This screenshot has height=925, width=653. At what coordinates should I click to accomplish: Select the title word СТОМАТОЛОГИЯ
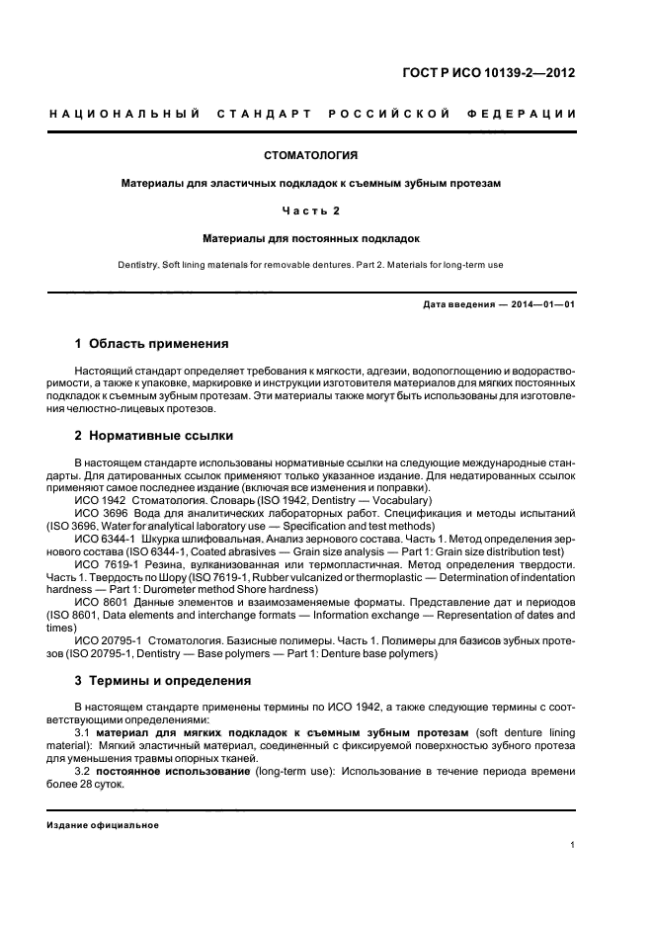tap(311, 155)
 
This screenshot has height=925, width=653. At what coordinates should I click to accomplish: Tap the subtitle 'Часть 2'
tap(311, 210)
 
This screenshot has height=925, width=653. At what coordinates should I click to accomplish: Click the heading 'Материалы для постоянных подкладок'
tap(311, 238)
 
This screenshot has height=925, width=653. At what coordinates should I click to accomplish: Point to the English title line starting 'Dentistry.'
tap(311, 264)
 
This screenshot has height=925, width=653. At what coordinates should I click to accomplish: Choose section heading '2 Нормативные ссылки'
tap(154, 436)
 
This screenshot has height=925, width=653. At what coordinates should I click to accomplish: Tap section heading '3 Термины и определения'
tap(163, 681)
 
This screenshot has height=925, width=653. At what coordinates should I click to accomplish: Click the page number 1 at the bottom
tap(572, 845)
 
